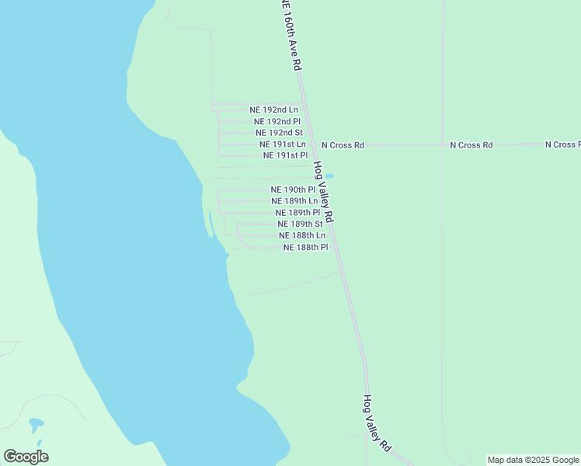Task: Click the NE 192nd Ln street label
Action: (x=273, y=110)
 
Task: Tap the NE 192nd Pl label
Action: (x=277, y=122)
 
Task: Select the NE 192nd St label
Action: (x=279, y=133)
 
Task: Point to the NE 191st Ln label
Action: (x=283, y=144)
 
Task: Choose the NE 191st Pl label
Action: (x=286, y=155)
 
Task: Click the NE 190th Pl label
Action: (x=293, y=190)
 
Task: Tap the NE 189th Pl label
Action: (x=297, y=212)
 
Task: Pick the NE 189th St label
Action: (x=300, y=224)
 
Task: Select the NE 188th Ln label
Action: (x=302, y=235)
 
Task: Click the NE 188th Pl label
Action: (x=306, y=247)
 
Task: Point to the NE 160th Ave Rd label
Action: (x=290, y=35)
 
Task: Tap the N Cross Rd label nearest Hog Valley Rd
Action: (x=343, y=145)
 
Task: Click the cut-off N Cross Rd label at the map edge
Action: (x=562, y=144)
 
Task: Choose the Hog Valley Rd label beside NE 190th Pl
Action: (x=323, y=192)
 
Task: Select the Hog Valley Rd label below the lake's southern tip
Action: (x=377, y=423)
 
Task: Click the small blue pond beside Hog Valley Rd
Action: (x=329, y=176)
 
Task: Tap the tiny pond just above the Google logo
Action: (x=36, y=426)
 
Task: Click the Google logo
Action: (x=26, y=457)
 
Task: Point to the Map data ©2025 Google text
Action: (x=534, y=461)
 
